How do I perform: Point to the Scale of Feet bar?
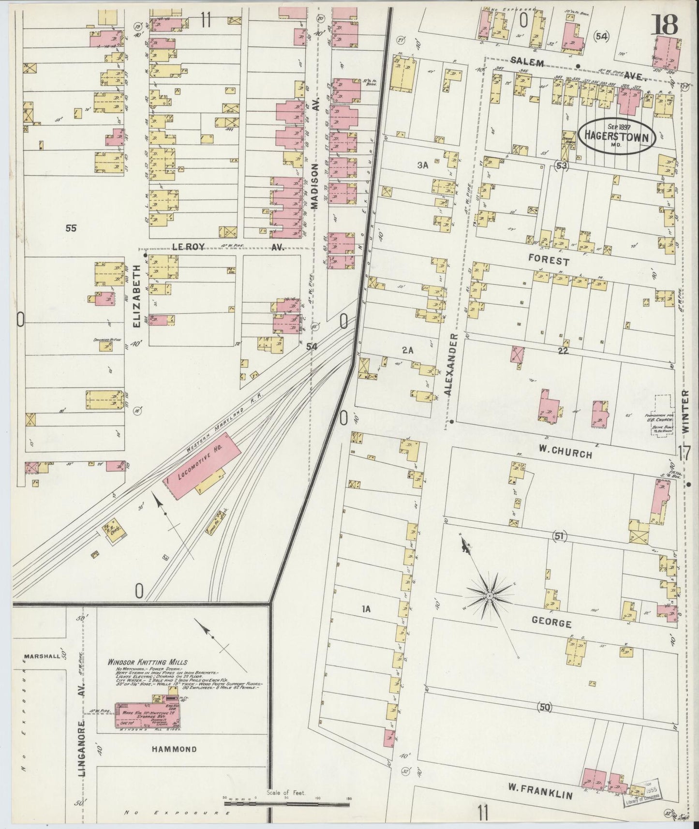coord(286,805)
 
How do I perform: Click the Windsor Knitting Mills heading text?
coord(147,662)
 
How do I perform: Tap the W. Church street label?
coord(566,454)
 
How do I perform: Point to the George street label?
coord(551,623)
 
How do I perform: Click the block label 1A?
coord(366,609)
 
